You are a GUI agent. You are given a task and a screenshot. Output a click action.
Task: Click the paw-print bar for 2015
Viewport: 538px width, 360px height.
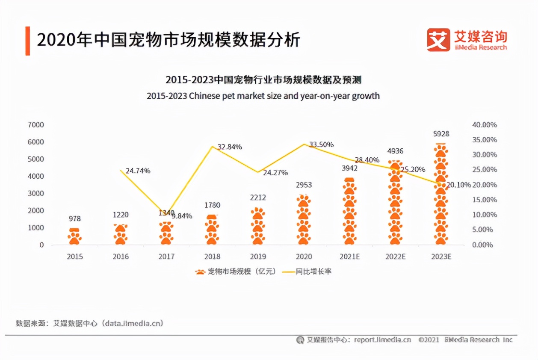tap(74, 236)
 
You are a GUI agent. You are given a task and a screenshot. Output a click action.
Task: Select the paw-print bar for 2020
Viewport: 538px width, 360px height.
tap(304, 220)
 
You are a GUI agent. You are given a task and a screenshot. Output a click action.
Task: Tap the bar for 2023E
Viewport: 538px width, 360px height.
tap(441, 195)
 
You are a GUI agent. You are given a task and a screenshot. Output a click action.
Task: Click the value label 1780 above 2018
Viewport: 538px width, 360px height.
tap(212, 205)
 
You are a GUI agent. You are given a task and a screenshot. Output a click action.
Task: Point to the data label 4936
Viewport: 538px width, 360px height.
tap(395, 151)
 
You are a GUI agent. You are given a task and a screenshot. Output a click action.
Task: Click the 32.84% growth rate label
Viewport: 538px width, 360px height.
tap(230, 147)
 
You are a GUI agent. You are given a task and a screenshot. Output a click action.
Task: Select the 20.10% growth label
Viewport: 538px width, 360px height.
tap(459, 185)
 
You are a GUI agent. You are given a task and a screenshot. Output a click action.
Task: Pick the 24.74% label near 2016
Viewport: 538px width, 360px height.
tap(138, 171)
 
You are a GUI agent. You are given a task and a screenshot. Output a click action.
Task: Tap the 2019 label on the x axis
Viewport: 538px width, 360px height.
tap(258, 257)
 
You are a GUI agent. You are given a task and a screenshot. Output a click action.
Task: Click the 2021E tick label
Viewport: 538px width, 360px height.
tap(349, 257)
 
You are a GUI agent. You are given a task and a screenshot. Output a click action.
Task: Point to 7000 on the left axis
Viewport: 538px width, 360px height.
tap(36, 125)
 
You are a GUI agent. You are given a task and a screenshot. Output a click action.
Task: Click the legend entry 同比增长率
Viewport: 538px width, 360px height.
tap(313, 271)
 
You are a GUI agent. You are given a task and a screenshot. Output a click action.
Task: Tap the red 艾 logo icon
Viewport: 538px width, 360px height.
tap(438, 40)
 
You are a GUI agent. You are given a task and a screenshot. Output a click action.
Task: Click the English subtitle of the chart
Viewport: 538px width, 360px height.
tap(263, 96)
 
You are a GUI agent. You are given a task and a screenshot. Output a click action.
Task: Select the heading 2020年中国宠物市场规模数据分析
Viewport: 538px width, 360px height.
tap(168, 40)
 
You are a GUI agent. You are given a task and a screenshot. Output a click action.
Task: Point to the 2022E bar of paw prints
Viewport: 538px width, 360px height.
tap(395, 203)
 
